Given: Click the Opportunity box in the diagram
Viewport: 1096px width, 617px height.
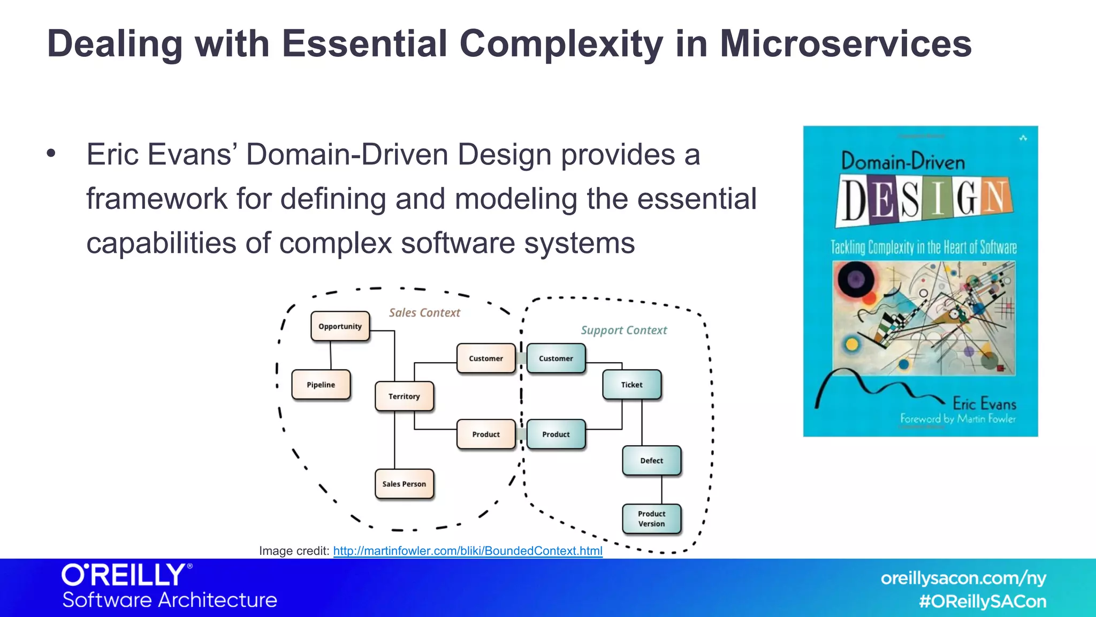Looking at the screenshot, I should click(340, 326).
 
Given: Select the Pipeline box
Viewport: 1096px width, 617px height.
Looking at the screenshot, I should click(321, 385).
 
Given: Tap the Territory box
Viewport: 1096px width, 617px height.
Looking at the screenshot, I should click(404, 396).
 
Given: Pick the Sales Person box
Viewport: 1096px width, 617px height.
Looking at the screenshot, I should click(404, 484).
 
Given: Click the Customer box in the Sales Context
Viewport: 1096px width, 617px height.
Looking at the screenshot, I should click(486, 358).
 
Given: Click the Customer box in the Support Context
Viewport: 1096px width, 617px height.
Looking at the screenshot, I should click(555, 358).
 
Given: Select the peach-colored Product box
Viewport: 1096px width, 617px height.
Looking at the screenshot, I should click(486, 434).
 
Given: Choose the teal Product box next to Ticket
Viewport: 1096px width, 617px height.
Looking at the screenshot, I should click(555, 434).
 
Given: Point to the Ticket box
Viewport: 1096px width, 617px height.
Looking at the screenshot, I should click(631, 385).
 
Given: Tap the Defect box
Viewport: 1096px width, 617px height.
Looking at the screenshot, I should click(651, 461).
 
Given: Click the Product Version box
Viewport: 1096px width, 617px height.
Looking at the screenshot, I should click(651, 518).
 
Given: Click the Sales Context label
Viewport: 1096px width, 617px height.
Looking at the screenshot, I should click(424, 313).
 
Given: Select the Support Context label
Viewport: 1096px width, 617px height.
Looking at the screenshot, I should click(624, 330).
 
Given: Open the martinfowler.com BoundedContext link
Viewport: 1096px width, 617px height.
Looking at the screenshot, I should click(468, 551).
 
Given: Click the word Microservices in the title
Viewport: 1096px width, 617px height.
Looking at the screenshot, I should click(846, 44).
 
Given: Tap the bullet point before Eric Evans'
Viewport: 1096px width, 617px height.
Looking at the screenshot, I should click(51, 154).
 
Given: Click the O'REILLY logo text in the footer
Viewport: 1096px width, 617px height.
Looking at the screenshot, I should click(124, 575).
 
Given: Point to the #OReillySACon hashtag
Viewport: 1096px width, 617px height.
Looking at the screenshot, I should click(983, 601).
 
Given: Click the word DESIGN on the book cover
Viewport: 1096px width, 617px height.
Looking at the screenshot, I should click(924, 200).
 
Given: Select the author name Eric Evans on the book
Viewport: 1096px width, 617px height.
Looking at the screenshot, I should click(984, 403).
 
